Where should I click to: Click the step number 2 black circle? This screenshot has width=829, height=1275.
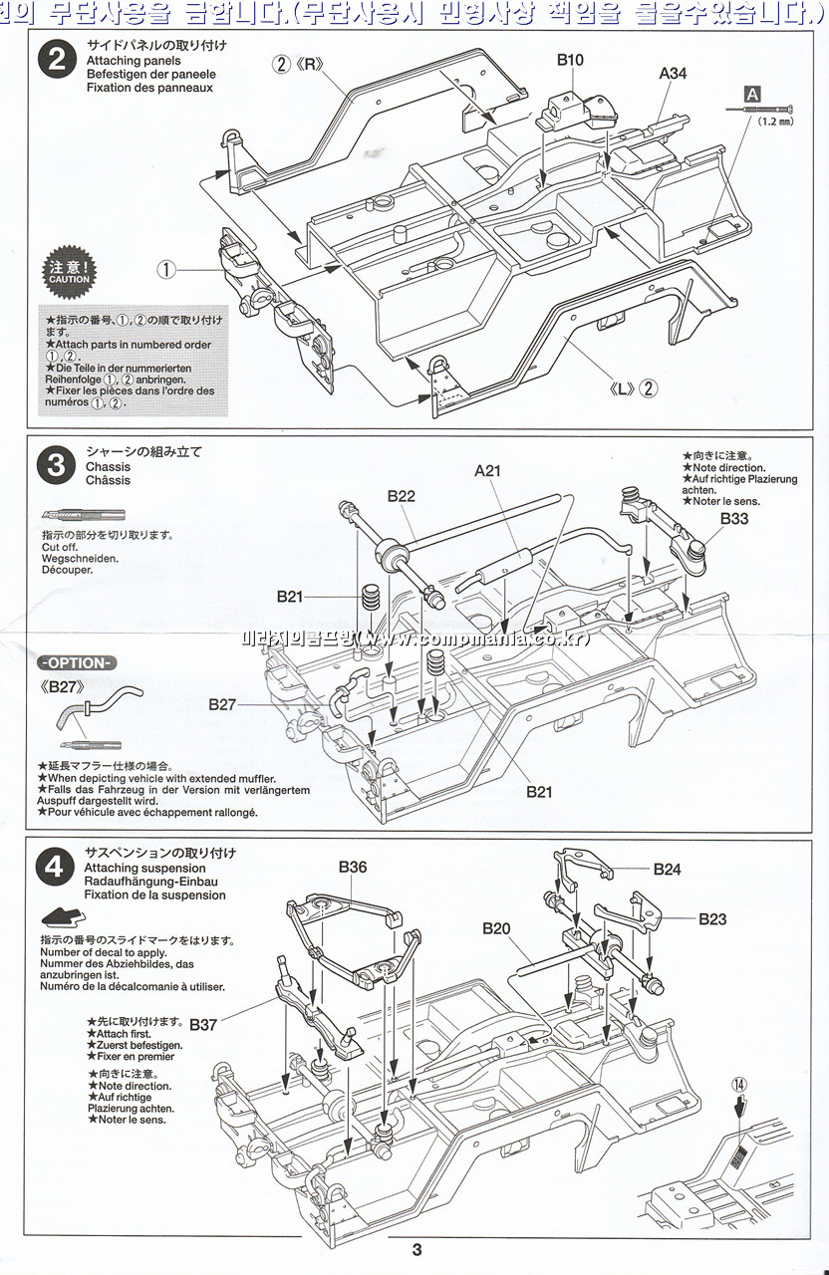coord(57,60)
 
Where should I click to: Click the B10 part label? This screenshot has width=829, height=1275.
coord(570,61)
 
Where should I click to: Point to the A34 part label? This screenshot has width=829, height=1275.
coord(674,74)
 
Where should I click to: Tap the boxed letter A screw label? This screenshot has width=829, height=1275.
coord(752,93)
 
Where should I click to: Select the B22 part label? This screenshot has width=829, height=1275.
coord(402,495)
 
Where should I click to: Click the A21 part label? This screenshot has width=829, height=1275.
coord(487,471)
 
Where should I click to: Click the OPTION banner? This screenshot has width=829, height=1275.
coord(77,663)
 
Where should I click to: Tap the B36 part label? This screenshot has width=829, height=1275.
coord(352,867)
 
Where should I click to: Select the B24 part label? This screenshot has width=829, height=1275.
coord(668,870)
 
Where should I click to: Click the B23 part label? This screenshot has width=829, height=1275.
coord(712,919)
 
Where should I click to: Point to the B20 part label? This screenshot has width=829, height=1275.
coord(496,928)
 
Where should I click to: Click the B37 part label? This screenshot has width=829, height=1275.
coord(203,1024)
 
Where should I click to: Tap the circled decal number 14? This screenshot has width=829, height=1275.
coord(738,1085)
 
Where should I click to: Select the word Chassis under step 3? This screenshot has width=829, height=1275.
coord(109,466)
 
